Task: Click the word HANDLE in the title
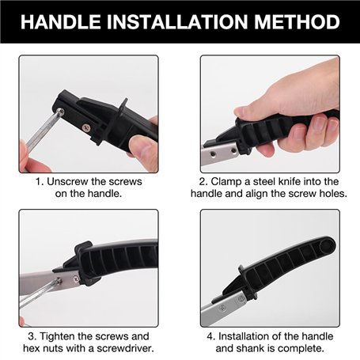(x=60, y=21)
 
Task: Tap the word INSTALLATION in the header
(x=177, y=21)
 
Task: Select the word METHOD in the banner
(x=297, y=21)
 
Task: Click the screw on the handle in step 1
(x=86, y=128)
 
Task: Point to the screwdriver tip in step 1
(x=60, y=112)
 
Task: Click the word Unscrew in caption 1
(x=68, y=181)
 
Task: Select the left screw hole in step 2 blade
(x=213, y=153)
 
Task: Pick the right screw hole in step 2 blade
(x=233, y=151)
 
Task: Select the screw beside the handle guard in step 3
(x=76, y=279)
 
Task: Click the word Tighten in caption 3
(x=57, y=336)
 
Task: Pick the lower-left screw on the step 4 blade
(x=222, y=307)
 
